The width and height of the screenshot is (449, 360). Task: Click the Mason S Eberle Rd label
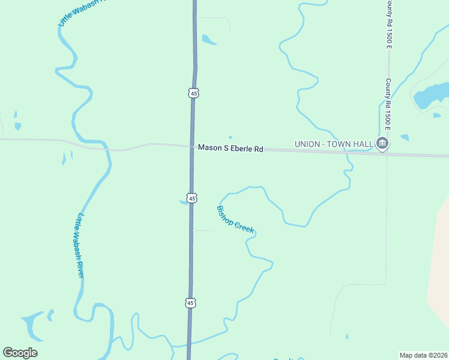pos(231,148)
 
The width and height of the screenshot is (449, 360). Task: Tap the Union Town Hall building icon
pos(382,143)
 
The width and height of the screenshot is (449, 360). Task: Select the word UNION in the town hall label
pos(308,144)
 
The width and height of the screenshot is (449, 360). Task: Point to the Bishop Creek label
pos(235,220)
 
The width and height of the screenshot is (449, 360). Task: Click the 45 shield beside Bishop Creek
pos(191,198)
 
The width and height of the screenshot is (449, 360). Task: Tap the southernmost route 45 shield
pos(190,304)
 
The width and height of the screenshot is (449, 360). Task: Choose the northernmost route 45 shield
pos(193,93)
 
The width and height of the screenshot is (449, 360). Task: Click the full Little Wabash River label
pos(80,246)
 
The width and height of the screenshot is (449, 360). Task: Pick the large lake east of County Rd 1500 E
pos(431,95)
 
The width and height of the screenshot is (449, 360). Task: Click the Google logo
pos(20,353)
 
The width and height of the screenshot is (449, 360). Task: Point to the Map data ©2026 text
pos(424,355)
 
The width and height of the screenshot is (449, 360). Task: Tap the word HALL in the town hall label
pos(363,144)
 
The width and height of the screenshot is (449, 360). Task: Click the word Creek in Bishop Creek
pos(244,226)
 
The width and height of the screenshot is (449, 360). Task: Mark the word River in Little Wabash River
pos(80,267)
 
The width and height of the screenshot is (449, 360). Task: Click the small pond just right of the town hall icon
pos(405,138)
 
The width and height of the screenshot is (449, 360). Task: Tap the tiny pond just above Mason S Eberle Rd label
pos(230,137)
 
